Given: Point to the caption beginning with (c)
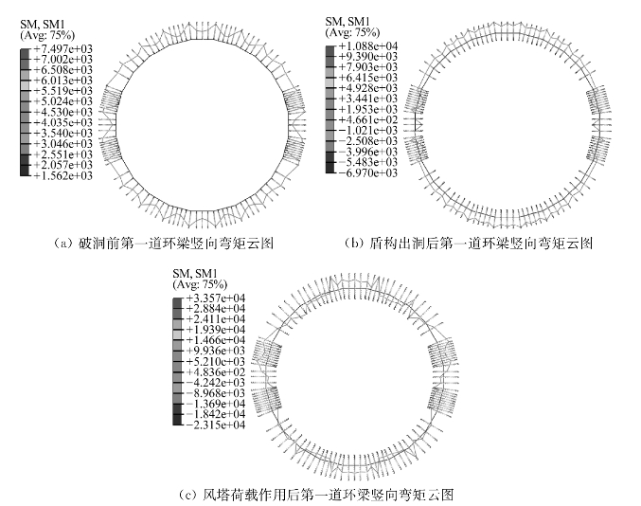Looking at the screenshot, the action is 316,494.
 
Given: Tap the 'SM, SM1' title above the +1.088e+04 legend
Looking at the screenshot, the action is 347,21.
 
